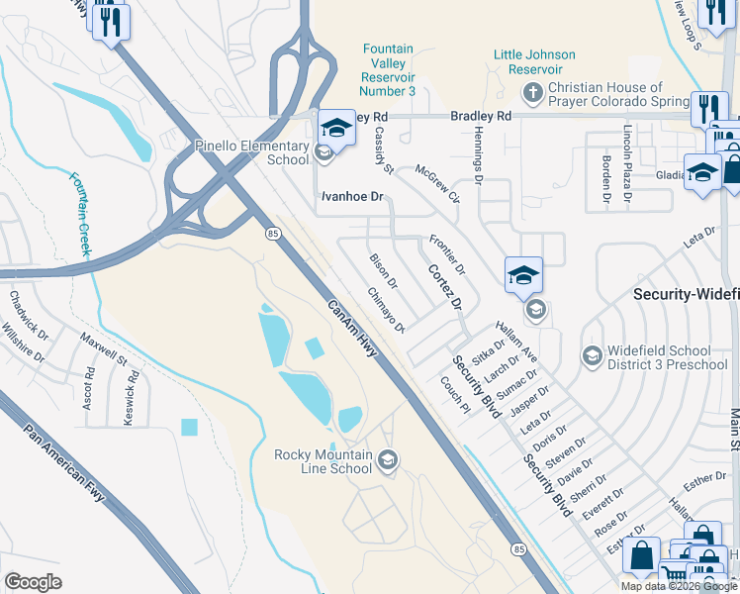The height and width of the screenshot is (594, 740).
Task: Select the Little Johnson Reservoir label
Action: [x=535, y=61]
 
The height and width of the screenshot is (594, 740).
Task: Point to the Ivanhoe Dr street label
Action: [x=351, y=197]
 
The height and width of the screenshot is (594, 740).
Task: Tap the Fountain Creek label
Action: [x=80, y=215]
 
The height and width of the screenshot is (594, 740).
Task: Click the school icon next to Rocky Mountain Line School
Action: [x=389, y=458]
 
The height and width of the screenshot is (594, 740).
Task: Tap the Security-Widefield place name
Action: [x=686, y=295]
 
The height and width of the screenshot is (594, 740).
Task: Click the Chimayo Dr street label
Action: [x=387, y=311]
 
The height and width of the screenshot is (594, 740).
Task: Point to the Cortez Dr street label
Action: [x=445, y=287]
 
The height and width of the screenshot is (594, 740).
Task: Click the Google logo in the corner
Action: [x=33, y=582]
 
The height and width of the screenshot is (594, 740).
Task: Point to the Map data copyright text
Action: [x=678, y=586]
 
